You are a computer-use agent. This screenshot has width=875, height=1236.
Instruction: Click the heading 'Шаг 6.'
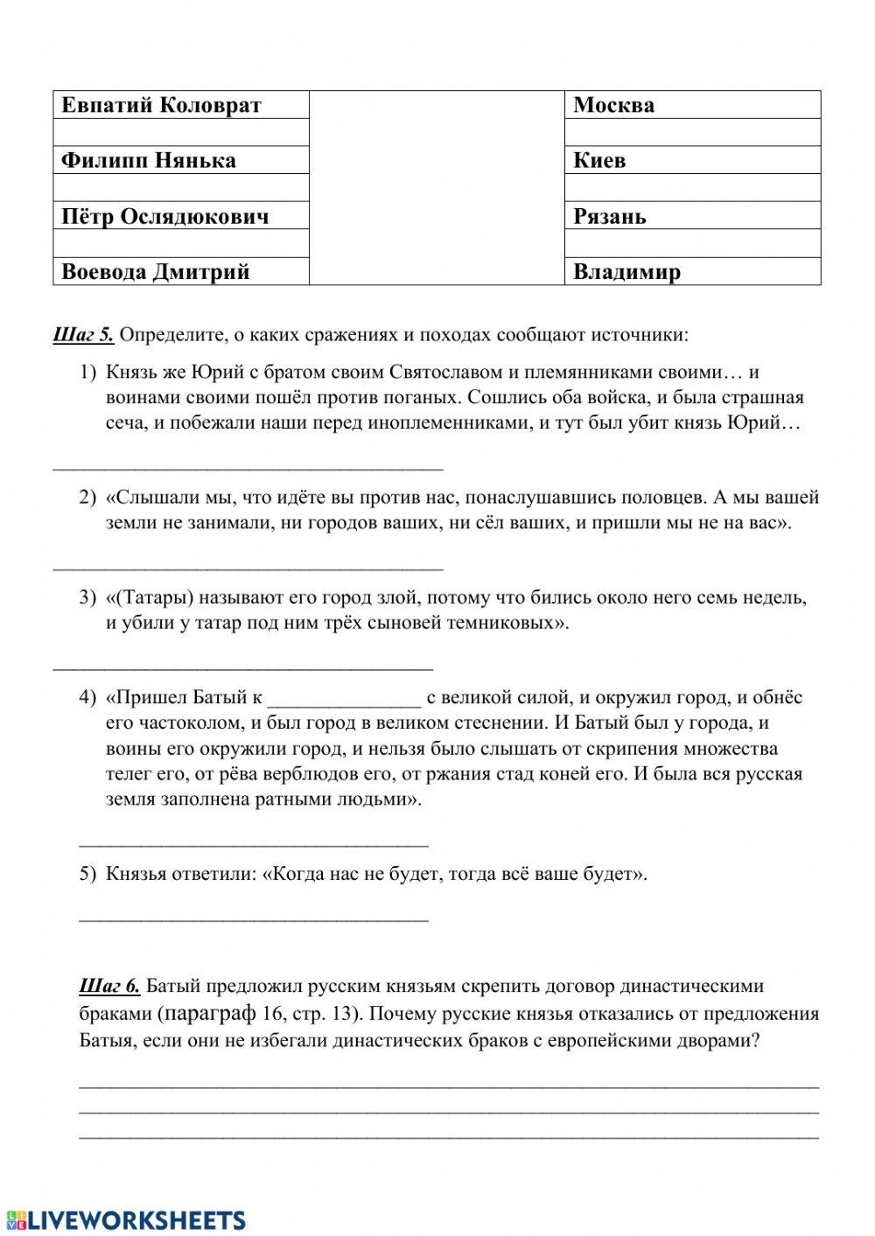pos(109,987)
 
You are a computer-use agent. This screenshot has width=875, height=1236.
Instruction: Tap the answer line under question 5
pos(254,918)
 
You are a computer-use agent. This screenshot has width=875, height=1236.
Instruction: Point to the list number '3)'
pos(87,598)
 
